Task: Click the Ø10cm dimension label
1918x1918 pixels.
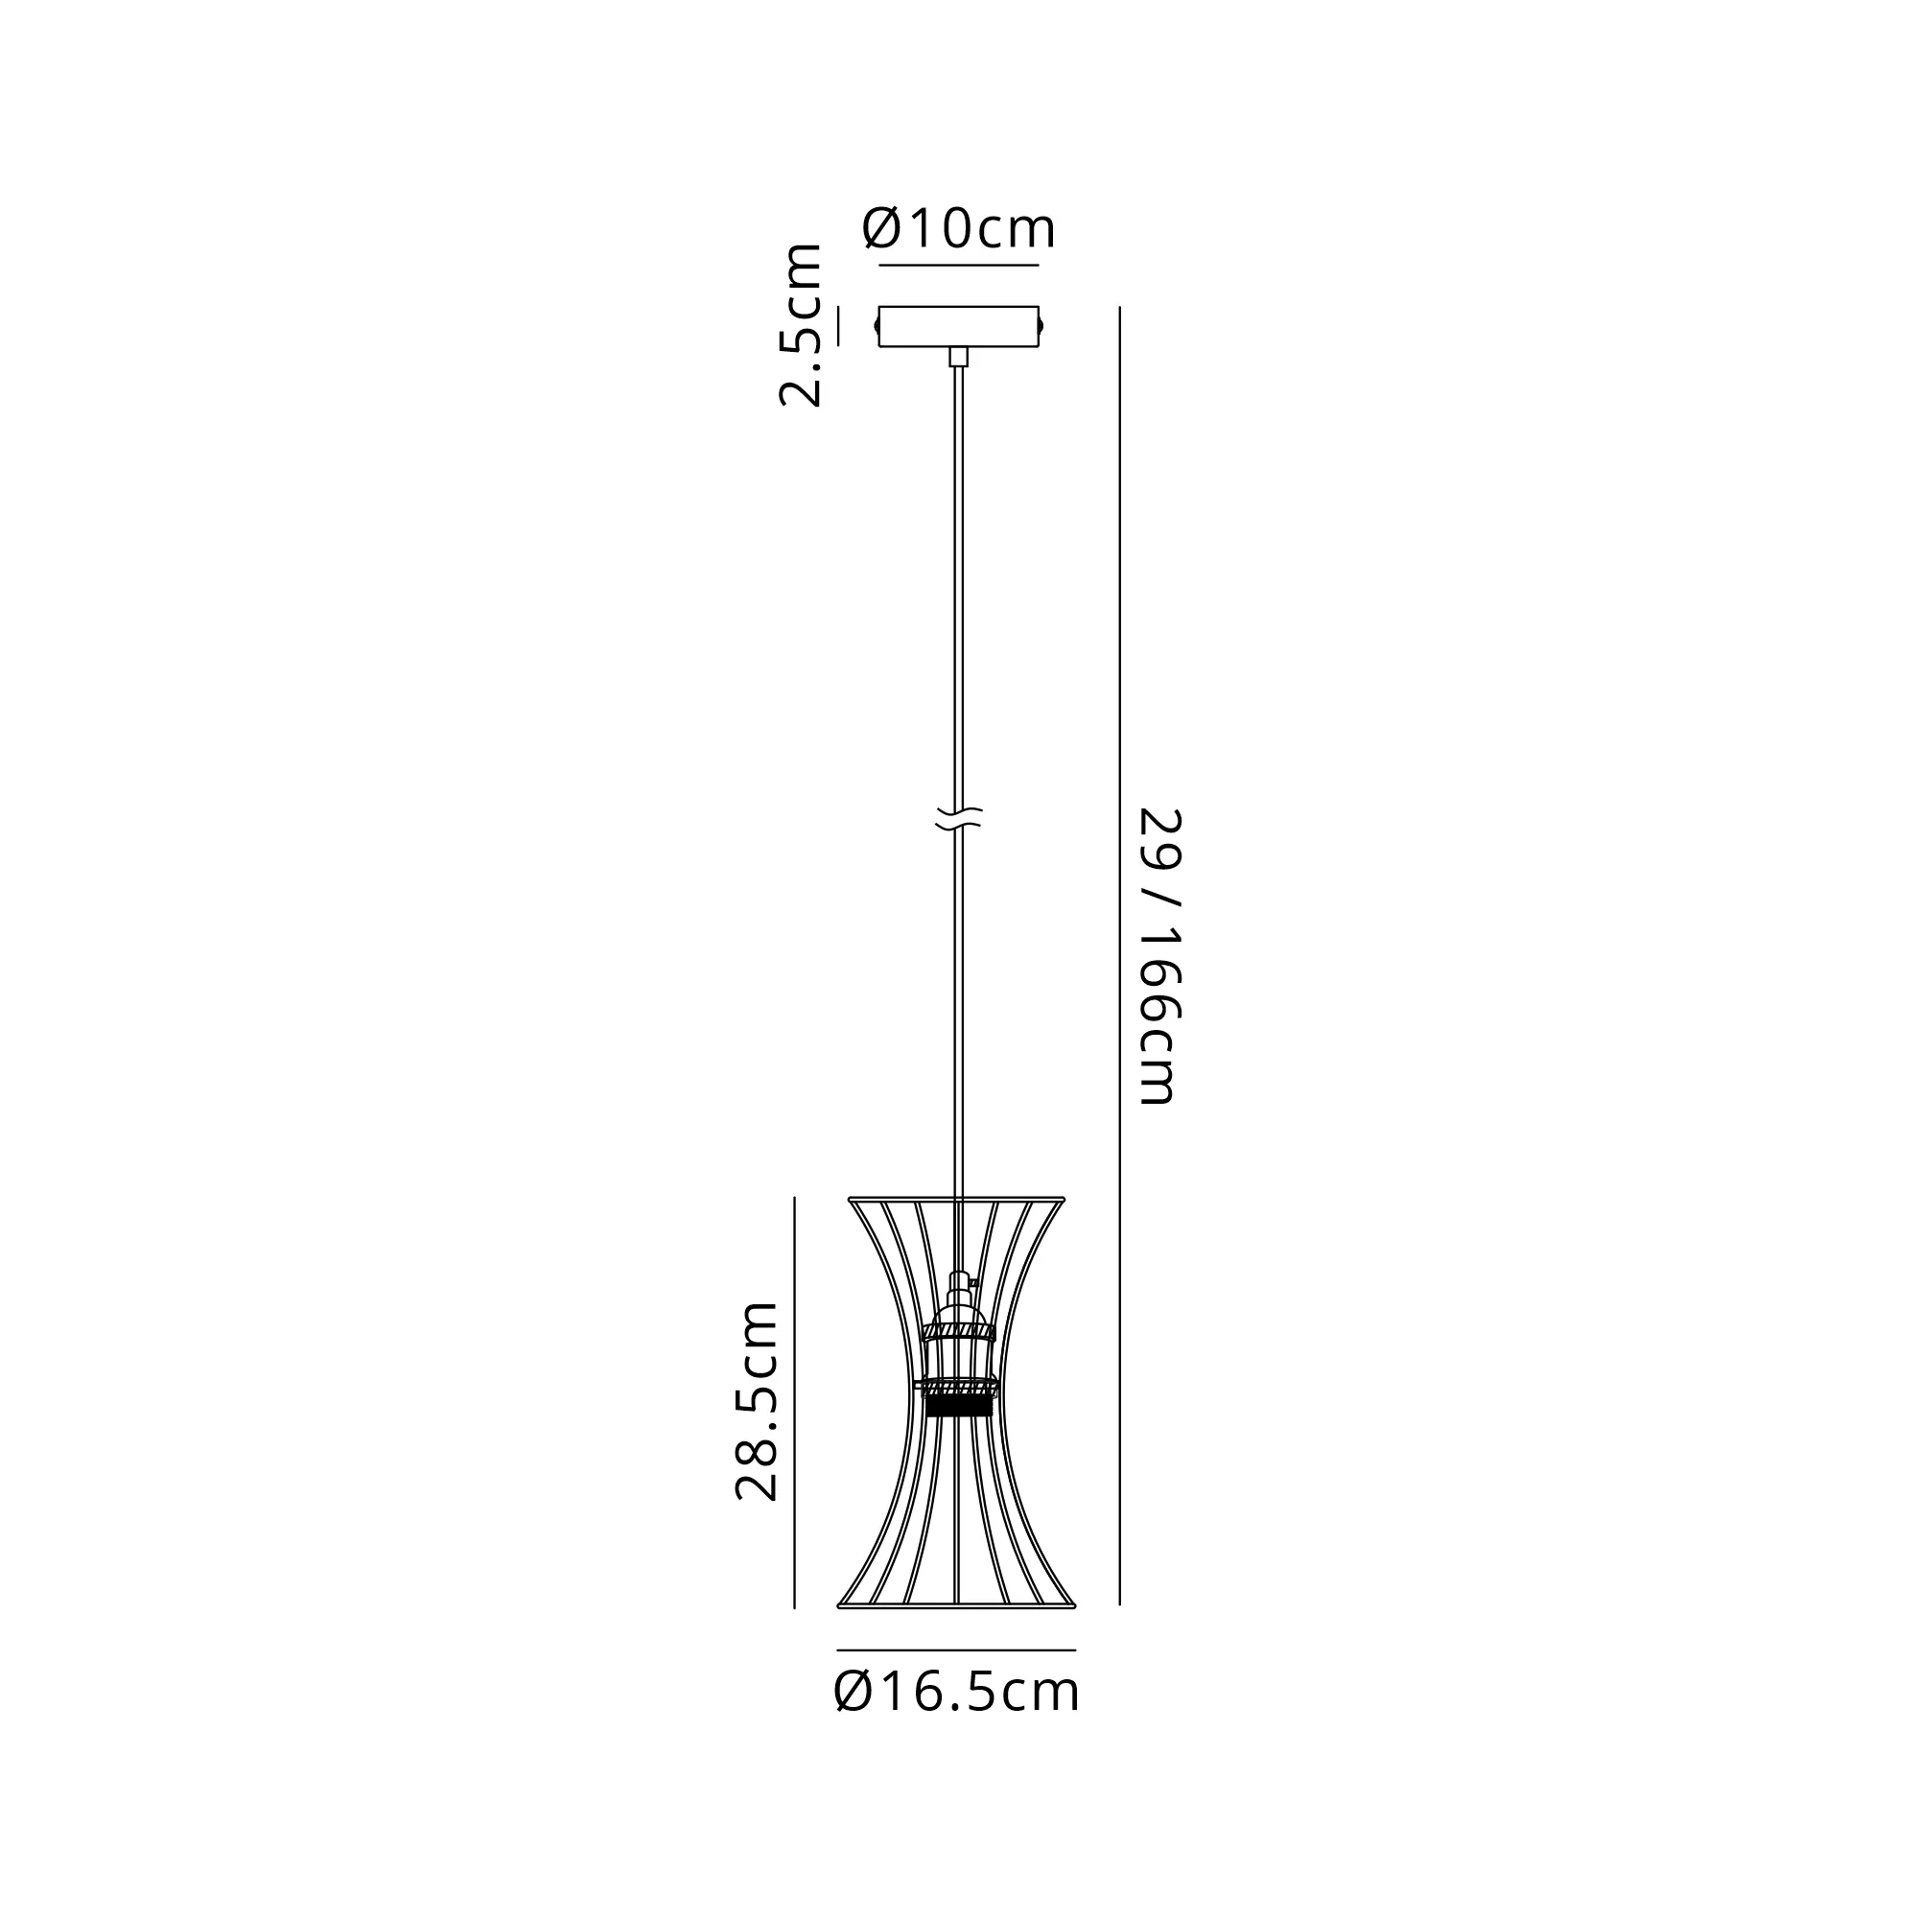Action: pyautogui.click(x=959, y=228)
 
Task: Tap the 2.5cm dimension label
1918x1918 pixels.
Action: pyautogui.click(x=800, y=325)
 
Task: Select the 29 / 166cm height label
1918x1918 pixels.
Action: pyautogui.click(x=1159, y=957)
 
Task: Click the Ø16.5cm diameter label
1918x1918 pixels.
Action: pyautogui.click(x=957, y=1692)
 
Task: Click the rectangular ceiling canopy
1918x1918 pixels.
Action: pyautogui.click(x=959, y=327)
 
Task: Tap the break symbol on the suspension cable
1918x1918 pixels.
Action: pyautogui.click(x=959, y=819)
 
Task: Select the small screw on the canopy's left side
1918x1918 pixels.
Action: pyautogui.click(x=876, y=326)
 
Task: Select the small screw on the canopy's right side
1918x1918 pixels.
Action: pyautogui.click(x=1042, y=326)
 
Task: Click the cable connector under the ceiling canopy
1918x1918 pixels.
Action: pyautogui.click(x=959, y=358)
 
